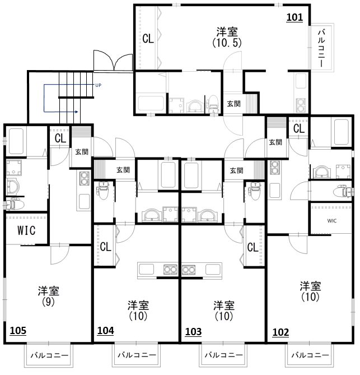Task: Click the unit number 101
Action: coord(295,17)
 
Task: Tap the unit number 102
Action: coord(280,332)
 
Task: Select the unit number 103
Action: coord(194,332)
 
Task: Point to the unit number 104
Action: coord(106,331)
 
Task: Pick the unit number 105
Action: coord(18,331)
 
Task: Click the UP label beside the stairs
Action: coord(98,85)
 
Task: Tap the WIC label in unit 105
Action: coord(26,230)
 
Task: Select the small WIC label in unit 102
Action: coord(332,221)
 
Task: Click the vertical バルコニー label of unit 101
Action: coord(321,48)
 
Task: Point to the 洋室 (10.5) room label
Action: coord(227,38)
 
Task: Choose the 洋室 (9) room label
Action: coord(49,296)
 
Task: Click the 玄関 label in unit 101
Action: coord(233,104)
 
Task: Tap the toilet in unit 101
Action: coord(212,104)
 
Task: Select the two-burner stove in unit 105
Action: coord(85,178)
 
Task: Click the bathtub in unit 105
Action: coord(16,142)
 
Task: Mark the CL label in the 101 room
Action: coord(148,39)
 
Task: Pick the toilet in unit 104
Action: coord(103,191)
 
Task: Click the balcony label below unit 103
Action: coord(223,355)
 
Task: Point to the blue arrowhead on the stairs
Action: coord(77,112)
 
